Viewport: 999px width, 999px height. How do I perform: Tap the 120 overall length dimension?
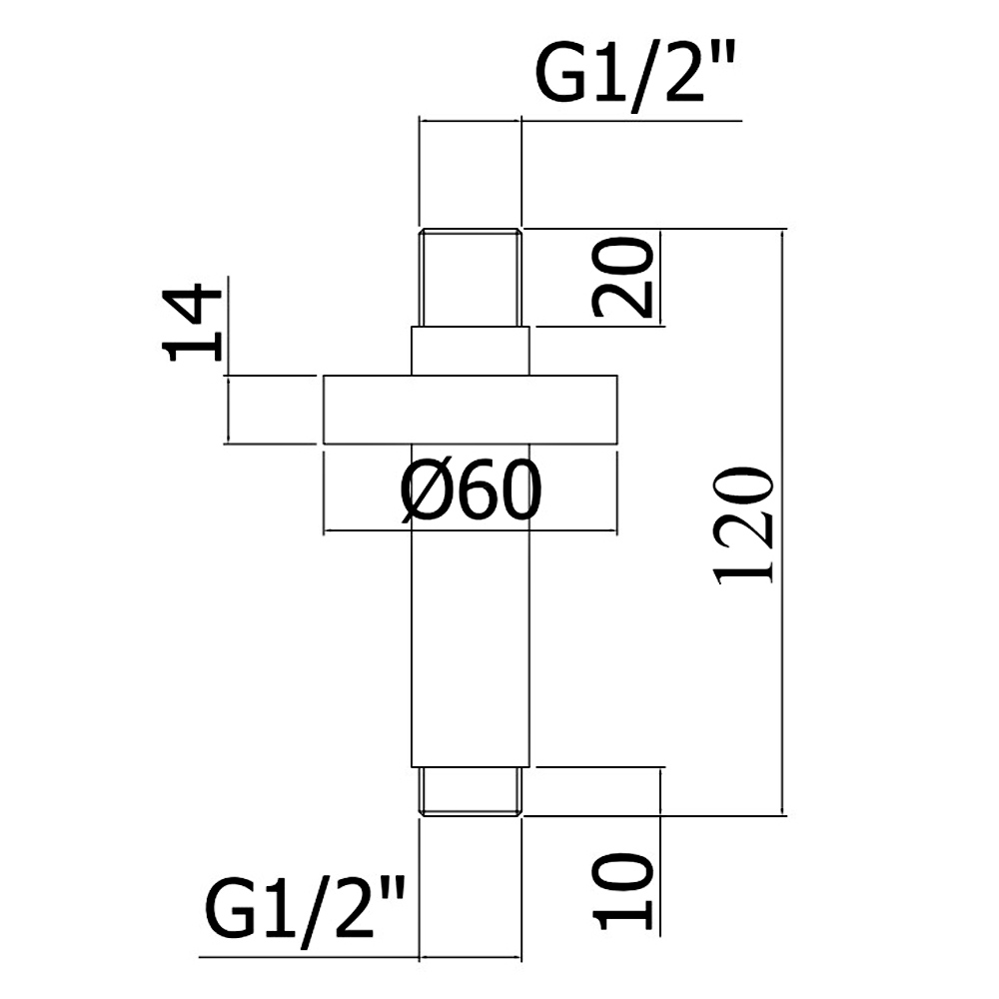pyautogui.click(x=743, y=525)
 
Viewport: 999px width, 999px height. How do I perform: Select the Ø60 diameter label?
pyautogui.click(x=471, y=491)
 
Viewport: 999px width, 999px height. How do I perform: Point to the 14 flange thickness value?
pyautogui.click(x=191, y=324)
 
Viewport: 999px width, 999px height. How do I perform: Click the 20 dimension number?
pyautogui.click(x=622, y=277)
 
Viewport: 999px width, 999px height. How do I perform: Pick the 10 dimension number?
pyautogui.click(x=622, y=891)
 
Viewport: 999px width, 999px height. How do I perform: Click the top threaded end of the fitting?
pyautogui.click(x=471, y=277)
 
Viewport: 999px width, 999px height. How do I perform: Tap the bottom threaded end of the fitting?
pyautogui.click(x=471, y=791)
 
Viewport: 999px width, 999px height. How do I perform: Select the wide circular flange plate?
pyautogui.click(x=471, y=410)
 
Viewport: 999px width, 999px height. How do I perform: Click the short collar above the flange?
pyautogui.click(x=471, y=351)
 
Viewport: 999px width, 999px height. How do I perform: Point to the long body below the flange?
pyautogui.click(x=471, y=605)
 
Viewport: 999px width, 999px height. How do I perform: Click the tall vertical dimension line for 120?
pyautogui.click(x=783, y=521)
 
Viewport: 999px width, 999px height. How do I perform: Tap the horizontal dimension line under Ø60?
pyautogui.click(x=471, y=529)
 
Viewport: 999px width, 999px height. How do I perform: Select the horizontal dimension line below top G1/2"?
pyautogui.click(x=580, y=120)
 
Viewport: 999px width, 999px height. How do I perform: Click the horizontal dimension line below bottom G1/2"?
pyautogui.click(x=360, y=957)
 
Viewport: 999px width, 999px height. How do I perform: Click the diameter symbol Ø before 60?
pyautogui.click(x=424, y=491)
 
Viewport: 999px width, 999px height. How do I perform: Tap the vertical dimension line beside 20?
pyautogui.click(x=660, y=277)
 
